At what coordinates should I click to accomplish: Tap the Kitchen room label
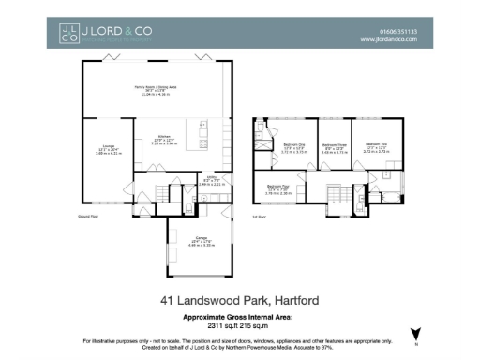pyautogui.click(x=164, y=136)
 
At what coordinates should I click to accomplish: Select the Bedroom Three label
pyautogui.click(x=335, y=145)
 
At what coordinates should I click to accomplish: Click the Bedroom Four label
pyautogui.click(x=277, y=187)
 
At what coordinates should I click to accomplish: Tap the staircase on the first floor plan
pyautogui.click(x=337, y=194)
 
